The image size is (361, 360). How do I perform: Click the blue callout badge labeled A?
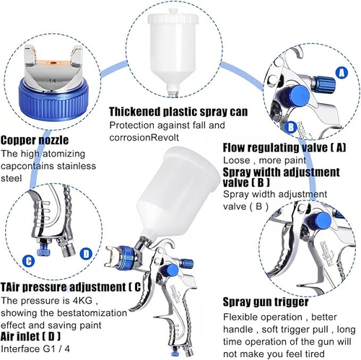[341, 73]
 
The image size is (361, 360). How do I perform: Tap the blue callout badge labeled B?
[291, 127]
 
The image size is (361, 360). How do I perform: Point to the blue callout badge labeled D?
[86, 253]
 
